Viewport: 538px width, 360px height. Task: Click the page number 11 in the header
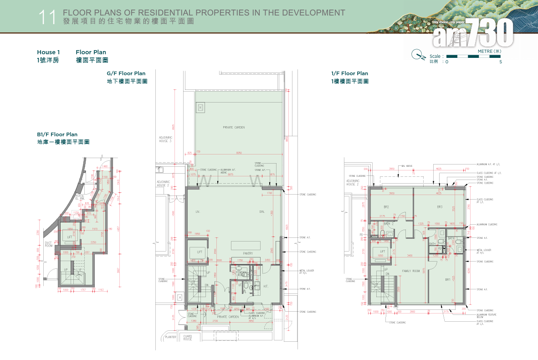(x=47, y=17)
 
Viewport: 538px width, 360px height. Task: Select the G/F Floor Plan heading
(x=126, y=73)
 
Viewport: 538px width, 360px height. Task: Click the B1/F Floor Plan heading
(x=57, y=134)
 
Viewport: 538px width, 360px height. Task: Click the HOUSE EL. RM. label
(x=80, y=197)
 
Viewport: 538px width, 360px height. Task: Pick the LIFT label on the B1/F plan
(x=70, y=237)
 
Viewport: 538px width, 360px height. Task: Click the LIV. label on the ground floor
(x=198, y=211)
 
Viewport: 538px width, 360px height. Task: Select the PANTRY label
(x=248, y=253)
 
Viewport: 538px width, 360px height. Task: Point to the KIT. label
(x=266, y=286)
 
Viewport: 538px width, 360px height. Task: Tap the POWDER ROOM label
(x=241, y=274)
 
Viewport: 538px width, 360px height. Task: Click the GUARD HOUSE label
(x=188, y=338)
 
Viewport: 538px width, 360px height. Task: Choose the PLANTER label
(x=171, y=337)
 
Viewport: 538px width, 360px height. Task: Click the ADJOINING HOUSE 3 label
(x=165, y=139)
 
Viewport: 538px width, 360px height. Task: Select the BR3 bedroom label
(x=440, y=207)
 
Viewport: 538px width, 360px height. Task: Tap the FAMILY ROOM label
(x=410, y=271)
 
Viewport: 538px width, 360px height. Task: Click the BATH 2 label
(x=388, y=224)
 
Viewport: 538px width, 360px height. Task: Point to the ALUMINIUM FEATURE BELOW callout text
(x=487, y=316)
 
